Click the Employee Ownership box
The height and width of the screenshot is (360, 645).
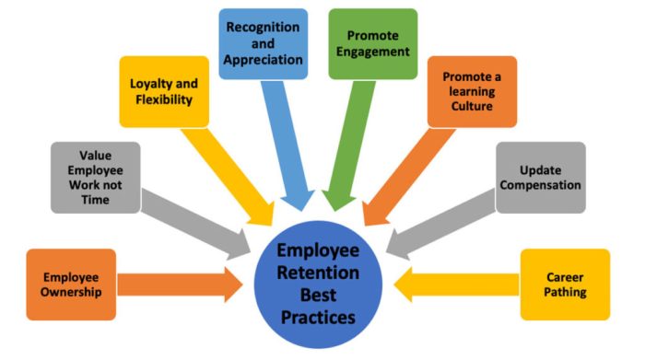(72, 284)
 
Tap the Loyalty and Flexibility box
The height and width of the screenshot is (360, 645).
(161, 91)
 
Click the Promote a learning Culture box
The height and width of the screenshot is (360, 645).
(471, 91)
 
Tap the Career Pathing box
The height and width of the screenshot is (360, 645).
(564, 285)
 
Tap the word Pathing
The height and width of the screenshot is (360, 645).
(565, 293)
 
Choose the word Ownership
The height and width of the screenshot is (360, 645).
(72, 292)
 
